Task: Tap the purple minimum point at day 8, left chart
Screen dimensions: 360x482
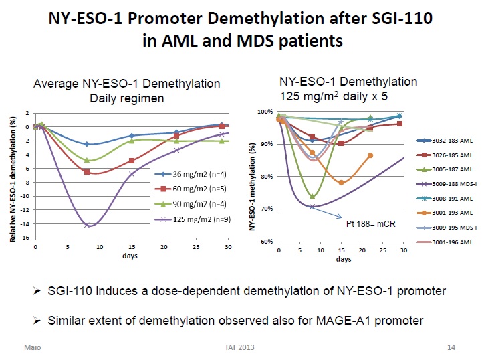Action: click(x=87, y=225)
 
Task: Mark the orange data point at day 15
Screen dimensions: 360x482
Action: click(x=342, y=182)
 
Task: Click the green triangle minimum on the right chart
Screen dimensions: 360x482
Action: click(x=313, y=196)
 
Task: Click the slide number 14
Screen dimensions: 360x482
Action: click(x=451, y=348)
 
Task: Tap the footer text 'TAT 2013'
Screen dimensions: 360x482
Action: click(x=239, y=348)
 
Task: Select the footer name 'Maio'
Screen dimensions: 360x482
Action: click(x=33, y=348)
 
